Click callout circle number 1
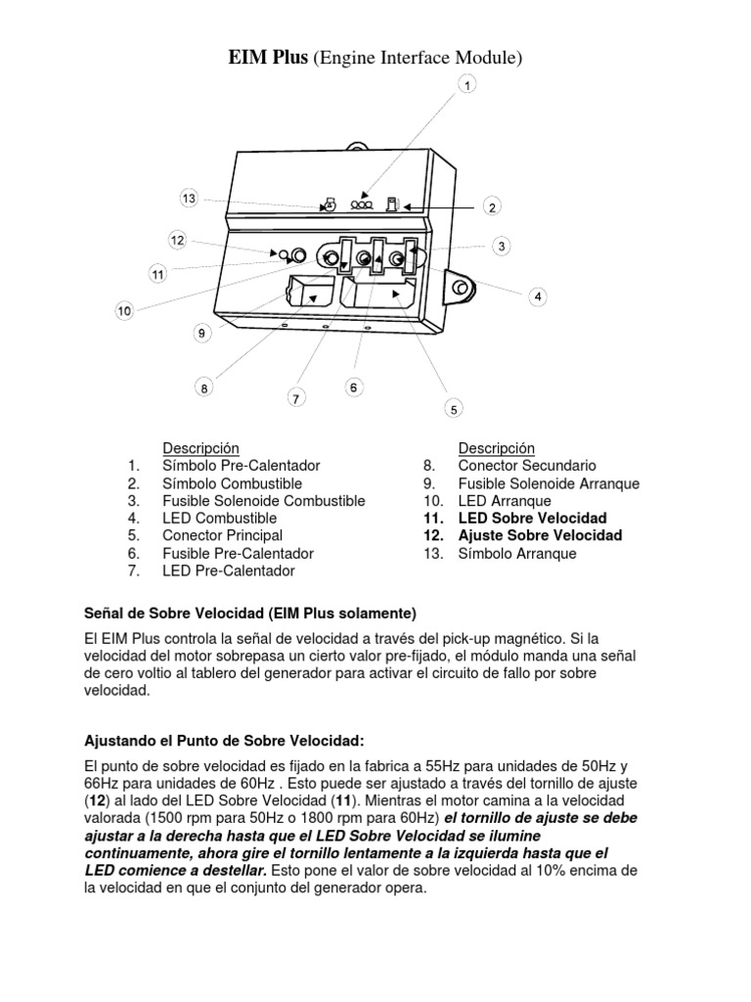coord(467,87)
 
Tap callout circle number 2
coord(493,206)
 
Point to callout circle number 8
coord(204,388)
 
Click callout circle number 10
coord(124,311)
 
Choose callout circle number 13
coord(189,199)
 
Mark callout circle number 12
coord(177,240)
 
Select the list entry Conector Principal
coord(222,535)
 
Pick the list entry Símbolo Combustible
coord(232,483)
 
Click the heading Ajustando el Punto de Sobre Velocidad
coord(225,738)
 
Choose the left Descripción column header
coord(200,448)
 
